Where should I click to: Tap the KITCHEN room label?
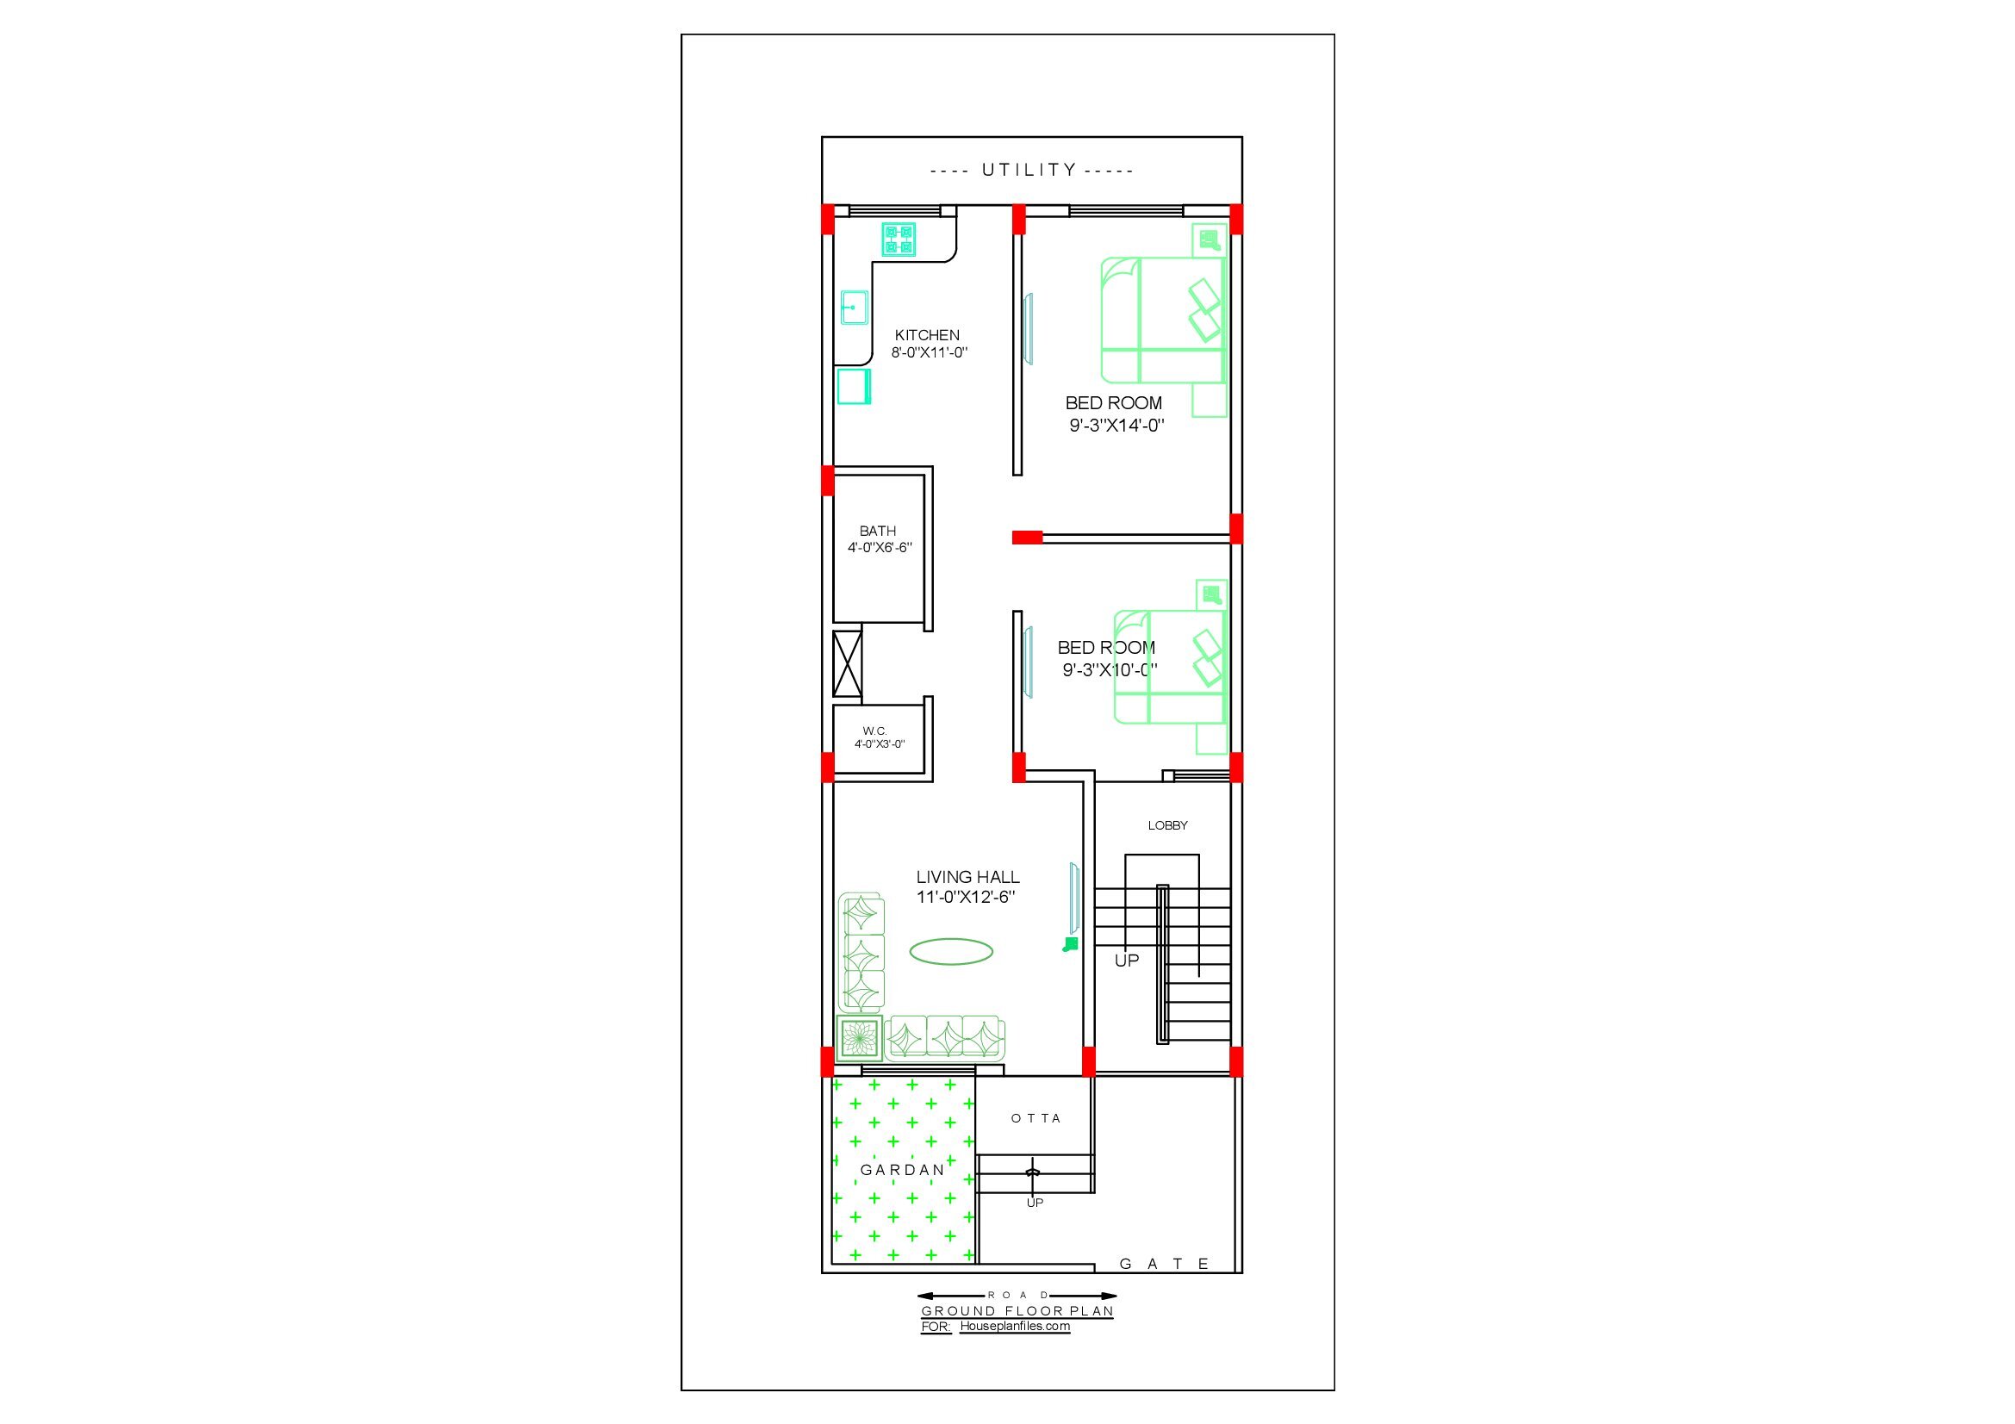pos(927,335)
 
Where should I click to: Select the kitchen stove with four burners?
pos(899,239)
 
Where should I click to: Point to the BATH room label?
pos(878,531)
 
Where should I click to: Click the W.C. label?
pos(875,731)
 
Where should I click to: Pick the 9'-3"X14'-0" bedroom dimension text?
pos(1116,426)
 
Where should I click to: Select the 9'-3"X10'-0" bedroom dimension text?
pos(1110,670)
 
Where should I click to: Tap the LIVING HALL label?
pos(968,876)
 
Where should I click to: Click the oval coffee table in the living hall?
pos(951,951)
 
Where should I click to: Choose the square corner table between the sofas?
pos(860,1039)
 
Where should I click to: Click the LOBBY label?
pos(1167,825)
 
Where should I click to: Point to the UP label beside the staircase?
pos(1127,961)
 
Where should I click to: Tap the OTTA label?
pos(1036,1119)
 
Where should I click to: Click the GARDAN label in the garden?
pos(902,1171)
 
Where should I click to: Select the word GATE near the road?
pos(1165,1265)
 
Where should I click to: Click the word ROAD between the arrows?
pos(1018,1295)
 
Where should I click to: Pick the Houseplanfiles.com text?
pos(1015,1326)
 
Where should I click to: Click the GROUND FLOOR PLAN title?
pos(1017,1312)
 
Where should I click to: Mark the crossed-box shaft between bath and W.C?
pos(847,663)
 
